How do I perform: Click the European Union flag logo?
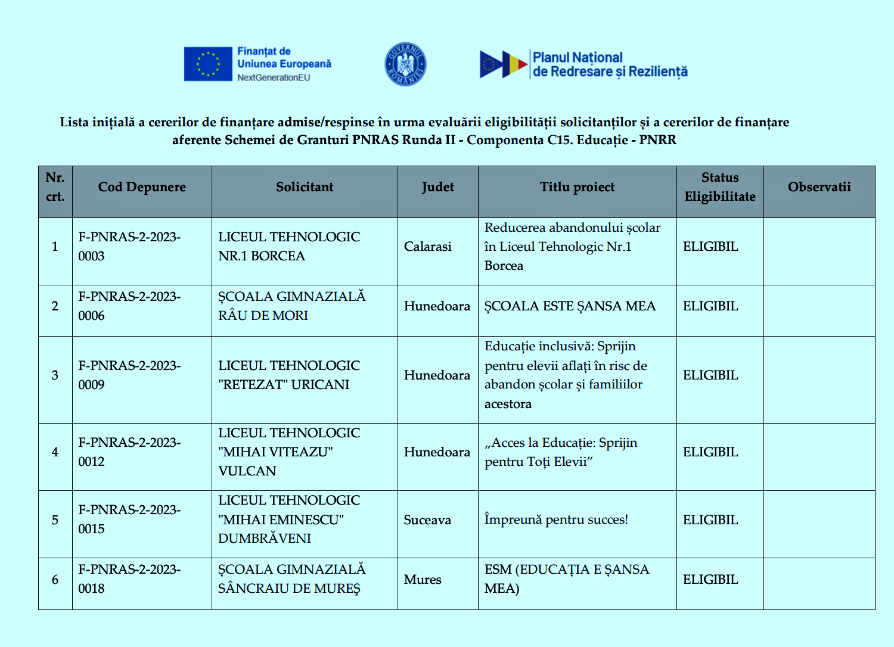click(208, 64)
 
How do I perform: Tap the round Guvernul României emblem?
click(405, 64)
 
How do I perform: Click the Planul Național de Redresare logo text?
click(609, 65)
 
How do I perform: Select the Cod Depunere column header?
click(142, 187)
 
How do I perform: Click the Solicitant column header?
click(305, 187)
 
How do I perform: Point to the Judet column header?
click(437, 187)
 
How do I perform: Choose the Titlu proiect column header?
click(577, 187)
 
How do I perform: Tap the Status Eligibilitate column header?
click(720, 187)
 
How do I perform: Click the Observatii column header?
click(819, 187)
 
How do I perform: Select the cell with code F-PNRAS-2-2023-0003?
click(129, 247)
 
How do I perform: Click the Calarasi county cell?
click(428, 247)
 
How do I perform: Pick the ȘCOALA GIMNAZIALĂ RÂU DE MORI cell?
click(291, 306)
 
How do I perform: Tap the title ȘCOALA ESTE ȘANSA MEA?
click(570, 306)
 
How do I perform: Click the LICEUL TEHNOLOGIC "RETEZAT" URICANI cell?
click(289, 375)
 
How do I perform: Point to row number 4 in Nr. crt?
click(55, 452)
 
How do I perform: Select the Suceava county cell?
click(427, 520)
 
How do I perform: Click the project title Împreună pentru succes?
click(556, 520)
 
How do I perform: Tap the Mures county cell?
click(423, 580)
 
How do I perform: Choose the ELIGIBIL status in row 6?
click(710, 580)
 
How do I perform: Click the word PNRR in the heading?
click(657, 140)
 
